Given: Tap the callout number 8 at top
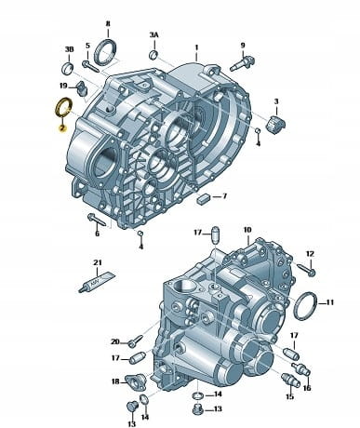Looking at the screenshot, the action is [108, 23].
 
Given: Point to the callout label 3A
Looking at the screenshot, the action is [153, 35].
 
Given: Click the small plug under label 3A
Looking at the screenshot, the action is [153, 54].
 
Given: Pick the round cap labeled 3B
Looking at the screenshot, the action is [68, 68].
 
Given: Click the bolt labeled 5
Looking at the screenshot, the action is [90, 66].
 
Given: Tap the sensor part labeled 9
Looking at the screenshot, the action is [242, 63].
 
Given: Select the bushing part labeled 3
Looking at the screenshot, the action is [276, 123].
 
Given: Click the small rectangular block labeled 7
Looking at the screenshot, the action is [203, 198].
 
